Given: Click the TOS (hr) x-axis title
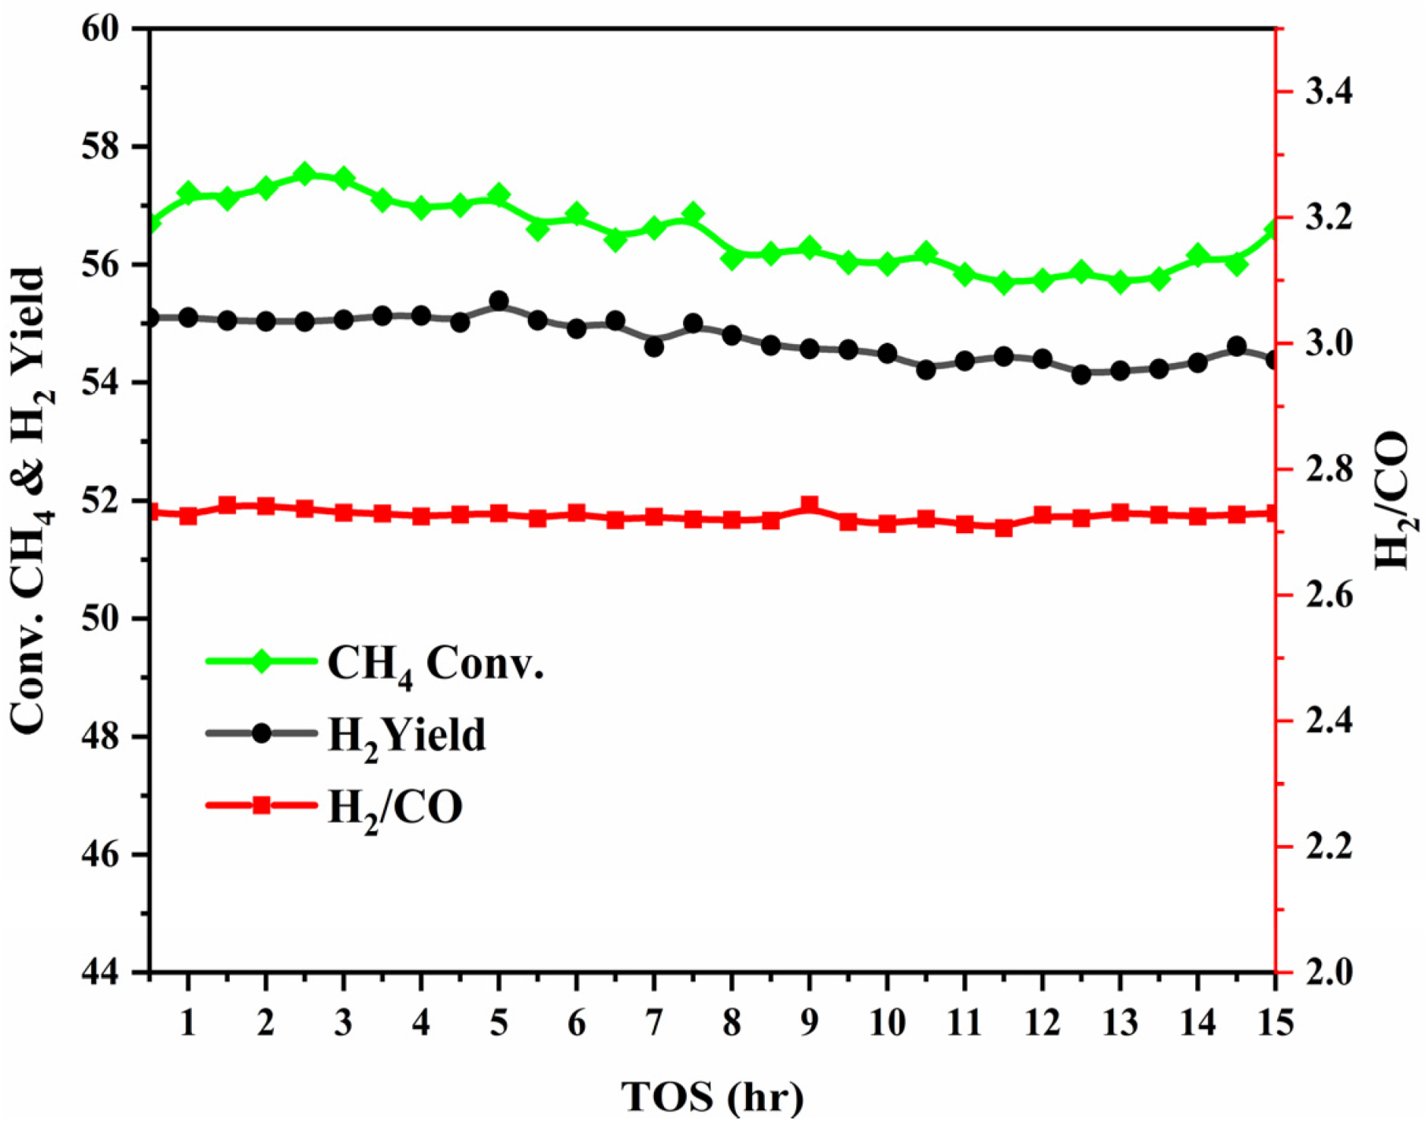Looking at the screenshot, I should click(x=713, y=1097).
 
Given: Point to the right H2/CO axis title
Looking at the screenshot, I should click(x=1393, y=500).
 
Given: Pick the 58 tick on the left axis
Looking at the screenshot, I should click(x=107, y=147).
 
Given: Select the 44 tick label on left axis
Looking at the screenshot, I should click(x=107, y=973).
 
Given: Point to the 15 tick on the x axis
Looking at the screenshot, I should click(x=1275, y=1023).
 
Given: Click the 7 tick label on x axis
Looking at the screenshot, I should click(x=654, y=1023).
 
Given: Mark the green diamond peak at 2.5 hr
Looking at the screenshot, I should click(x=305, y=175).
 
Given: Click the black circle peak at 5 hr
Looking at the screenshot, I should click(x=499, y=302).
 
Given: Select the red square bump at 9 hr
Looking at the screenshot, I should click(x=810, y=506).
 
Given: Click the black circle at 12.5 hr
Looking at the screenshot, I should click(x=1081, y=375).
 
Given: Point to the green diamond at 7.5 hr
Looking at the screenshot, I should click(x=693, y=214).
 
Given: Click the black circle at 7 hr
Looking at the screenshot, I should click(x=654, y=346).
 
